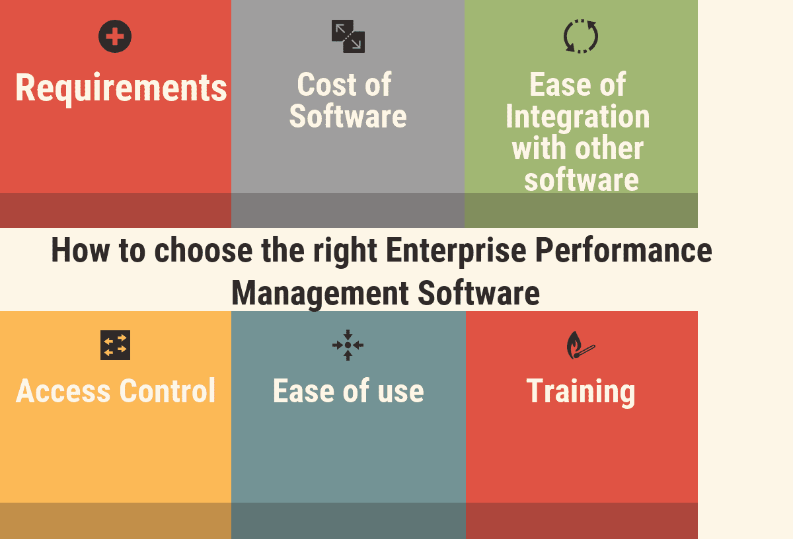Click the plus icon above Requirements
coord(115,36)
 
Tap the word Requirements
coord(121,88)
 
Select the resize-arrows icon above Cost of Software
coord(348,36)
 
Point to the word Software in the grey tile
coord(348,116)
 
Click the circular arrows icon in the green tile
coord(581,36)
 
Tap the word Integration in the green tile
coord(578,117)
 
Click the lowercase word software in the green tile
coord(581,179)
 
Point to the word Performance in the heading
coord(624,251)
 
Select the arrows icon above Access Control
coord(115,345)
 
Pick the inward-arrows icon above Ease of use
coord(348,345)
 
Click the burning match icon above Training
coord(581,345)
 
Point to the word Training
coord(581,391)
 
